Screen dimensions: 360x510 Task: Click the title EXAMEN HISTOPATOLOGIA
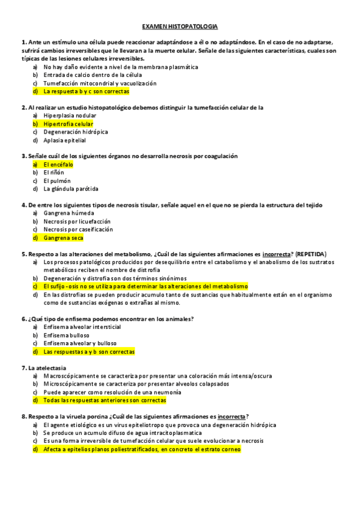pyautogui.click(x=180, y=27)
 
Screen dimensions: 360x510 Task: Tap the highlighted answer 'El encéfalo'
pyautogui.click(x=58, y=164)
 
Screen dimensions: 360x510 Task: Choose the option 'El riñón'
pyautogui.click(x=53, y=172)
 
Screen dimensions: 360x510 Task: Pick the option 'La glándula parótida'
pyautogui.click(x=70, y=189)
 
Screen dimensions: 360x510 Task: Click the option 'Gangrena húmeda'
pyautogui.click(x=69, y=213)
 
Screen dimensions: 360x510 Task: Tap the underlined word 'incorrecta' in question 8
pyautogui.click(x=231, y=416)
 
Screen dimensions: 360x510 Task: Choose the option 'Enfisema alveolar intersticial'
pyautogui.click(x=82, y=327)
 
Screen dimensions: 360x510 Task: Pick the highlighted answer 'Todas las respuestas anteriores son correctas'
pyautogui.click(x=105, y=400)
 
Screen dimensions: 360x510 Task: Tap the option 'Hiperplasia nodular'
pyautogui.click(x=70, y=115)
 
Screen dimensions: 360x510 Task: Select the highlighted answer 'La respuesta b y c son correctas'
pyautogui.click(x=86, y=91)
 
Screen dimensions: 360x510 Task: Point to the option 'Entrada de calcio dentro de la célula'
pyautogui.click(x=93, y=75)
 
